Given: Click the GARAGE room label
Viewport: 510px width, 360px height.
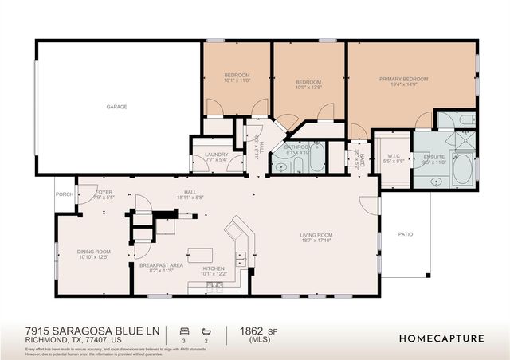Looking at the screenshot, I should (x=117, y=107).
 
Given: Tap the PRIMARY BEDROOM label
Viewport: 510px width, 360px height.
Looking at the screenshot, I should (x=403, y=80).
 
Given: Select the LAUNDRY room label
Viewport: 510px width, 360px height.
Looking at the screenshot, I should (x=216, y=155).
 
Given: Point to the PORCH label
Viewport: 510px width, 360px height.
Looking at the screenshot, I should (x=64, y=194).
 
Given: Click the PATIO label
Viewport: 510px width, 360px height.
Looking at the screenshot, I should (x=405, y=235).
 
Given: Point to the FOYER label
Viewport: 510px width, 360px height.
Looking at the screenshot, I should (x=104, y=192).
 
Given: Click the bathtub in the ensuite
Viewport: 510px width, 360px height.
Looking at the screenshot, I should (x=462, y=170).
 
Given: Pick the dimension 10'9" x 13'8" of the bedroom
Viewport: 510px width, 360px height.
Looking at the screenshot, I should (x=308, y=87).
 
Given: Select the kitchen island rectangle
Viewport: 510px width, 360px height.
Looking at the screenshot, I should (x=201, y=255).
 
